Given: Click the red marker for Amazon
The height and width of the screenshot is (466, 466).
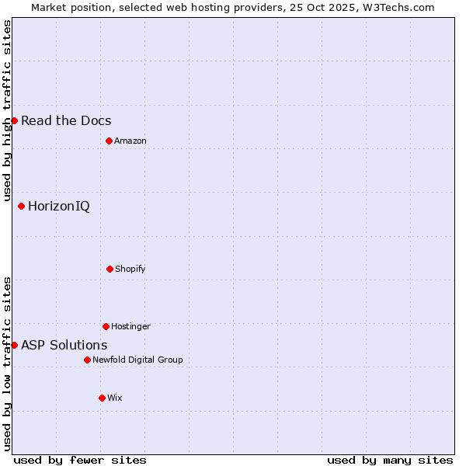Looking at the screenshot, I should (x=109, y=141).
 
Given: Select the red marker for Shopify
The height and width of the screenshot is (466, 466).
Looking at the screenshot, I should (x=110, y=269).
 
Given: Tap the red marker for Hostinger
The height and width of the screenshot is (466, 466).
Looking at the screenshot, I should (x=106, y=326).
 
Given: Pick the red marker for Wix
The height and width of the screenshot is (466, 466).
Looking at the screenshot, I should (x=102, y=398).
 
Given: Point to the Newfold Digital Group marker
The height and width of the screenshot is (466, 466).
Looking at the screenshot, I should (x=87, y=360).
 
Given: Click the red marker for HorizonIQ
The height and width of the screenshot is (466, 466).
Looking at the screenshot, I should (x=21, y=206).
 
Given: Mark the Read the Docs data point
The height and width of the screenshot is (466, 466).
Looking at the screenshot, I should (x=14, y=120).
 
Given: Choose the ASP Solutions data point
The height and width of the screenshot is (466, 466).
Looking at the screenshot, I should (x=14, y=345).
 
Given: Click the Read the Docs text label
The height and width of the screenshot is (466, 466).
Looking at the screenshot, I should (x=66, y=120).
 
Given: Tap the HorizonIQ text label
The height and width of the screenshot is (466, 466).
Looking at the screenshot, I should (x=58, y=206).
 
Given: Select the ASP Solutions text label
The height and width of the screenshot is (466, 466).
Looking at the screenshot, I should (x=64, y=345).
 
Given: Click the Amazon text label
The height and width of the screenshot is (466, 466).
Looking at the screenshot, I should (x=130, y=141).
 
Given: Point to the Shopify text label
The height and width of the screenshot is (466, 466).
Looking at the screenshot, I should (x=130, y=269).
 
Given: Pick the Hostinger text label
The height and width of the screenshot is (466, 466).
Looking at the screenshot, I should (x=130, y=326).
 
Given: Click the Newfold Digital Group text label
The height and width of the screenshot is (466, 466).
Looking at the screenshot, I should (x=137, y=360).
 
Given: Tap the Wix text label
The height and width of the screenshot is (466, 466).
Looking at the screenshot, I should (x=114, y=398).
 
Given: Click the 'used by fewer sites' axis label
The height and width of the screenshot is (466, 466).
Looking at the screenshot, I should (x=80, y=460).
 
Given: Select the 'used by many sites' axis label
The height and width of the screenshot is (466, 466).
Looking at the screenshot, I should (x=390, y=460).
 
